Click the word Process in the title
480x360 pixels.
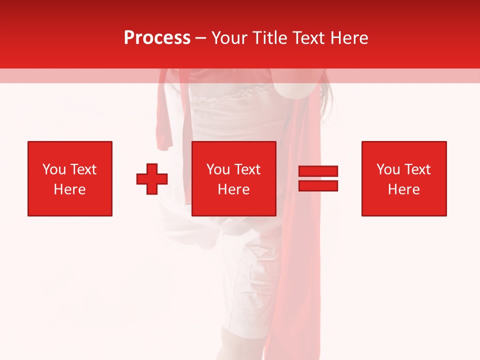tap(157, 38)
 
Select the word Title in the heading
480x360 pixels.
tap(270, 38)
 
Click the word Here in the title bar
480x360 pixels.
tap(350, 38)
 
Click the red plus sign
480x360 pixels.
tap(152, 178)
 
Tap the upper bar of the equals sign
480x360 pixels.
tap(318, 171)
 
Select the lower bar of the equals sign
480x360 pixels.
tap(318, 185)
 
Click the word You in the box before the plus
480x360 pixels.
tap(54, 169)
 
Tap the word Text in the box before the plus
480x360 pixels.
tap(83, 169)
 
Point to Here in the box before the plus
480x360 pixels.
tap(70, 189)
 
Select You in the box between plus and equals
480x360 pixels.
tap(218, 169)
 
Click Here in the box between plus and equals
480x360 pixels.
tap(234, 189)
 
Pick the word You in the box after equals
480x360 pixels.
tap(388, 169)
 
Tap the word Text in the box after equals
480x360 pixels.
tap(417, 169)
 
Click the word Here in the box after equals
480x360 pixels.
tap(404, 189)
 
